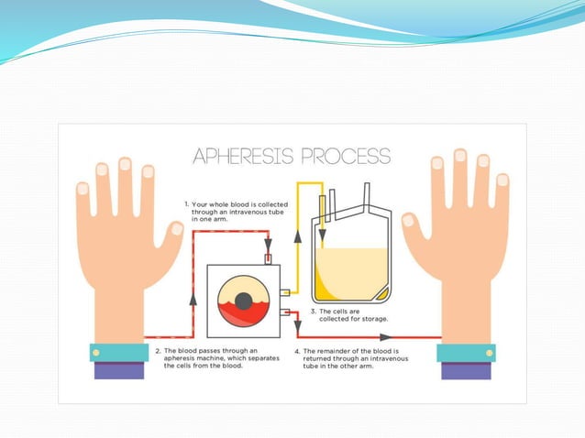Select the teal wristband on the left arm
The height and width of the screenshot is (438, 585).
point(118,352)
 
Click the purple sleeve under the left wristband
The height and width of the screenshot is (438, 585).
point(118,370)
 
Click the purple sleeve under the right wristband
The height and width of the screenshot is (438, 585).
point(466,370)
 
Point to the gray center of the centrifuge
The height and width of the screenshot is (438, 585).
point(243,301)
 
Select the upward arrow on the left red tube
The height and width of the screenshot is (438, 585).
point(192,298)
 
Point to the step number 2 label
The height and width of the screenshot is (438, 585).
point(158,350)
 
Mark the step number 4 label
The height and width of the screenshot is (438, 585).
point(297,350)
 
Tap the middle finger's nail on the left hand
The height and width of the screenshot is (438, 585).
point(126,164)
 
